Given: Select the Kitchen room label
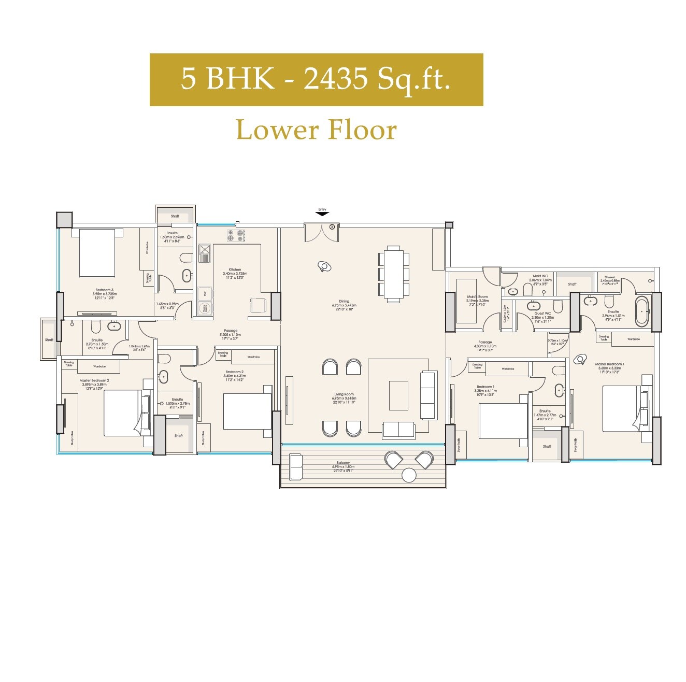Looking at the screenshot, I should pyautogui.click(x=235, y=270).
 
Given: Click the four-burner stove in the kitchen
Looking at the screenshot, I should pyautogui.click(x=235, y=236).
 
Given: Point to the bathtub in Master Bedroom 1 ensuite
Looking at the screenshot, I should pyautogui.click(x=641, y=311).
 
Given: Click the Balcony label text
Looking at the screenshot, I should pyautogui.click(x=343, y=463).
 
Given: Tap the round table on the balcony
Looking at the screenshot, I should pyautogui.click(x=409, y=475).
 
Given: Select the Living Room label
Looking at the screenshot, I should pyautogui.click(x=344, y=395).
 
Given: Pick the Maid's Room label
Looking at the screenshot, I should pyautogui.click(x=477, y=297).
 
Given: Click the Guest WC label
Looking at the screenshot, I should pyautogui.click(x=542, y=314).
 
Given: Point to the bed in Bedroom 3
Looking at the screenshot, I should pyautogui.click(x=97, y=253).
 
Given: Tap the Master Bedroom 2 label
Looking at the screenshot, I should pyautogui.click(x=94, y=380).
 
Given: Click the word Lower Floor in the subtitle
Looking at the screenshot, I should pyautogui.click(x=316, y=130).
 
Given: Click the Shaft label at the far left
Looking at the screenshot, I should pyautogui.click(x=49, y=340).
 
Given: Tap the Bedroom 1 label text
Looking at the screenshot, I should pyautogui.click(x=485, y=387).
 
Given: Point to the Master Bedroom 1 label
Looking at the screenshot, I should pyautogui.click(x=609, y=364).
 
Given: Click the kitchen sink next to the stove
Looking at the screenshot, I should pyautogui.click(x=204, y=254).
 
